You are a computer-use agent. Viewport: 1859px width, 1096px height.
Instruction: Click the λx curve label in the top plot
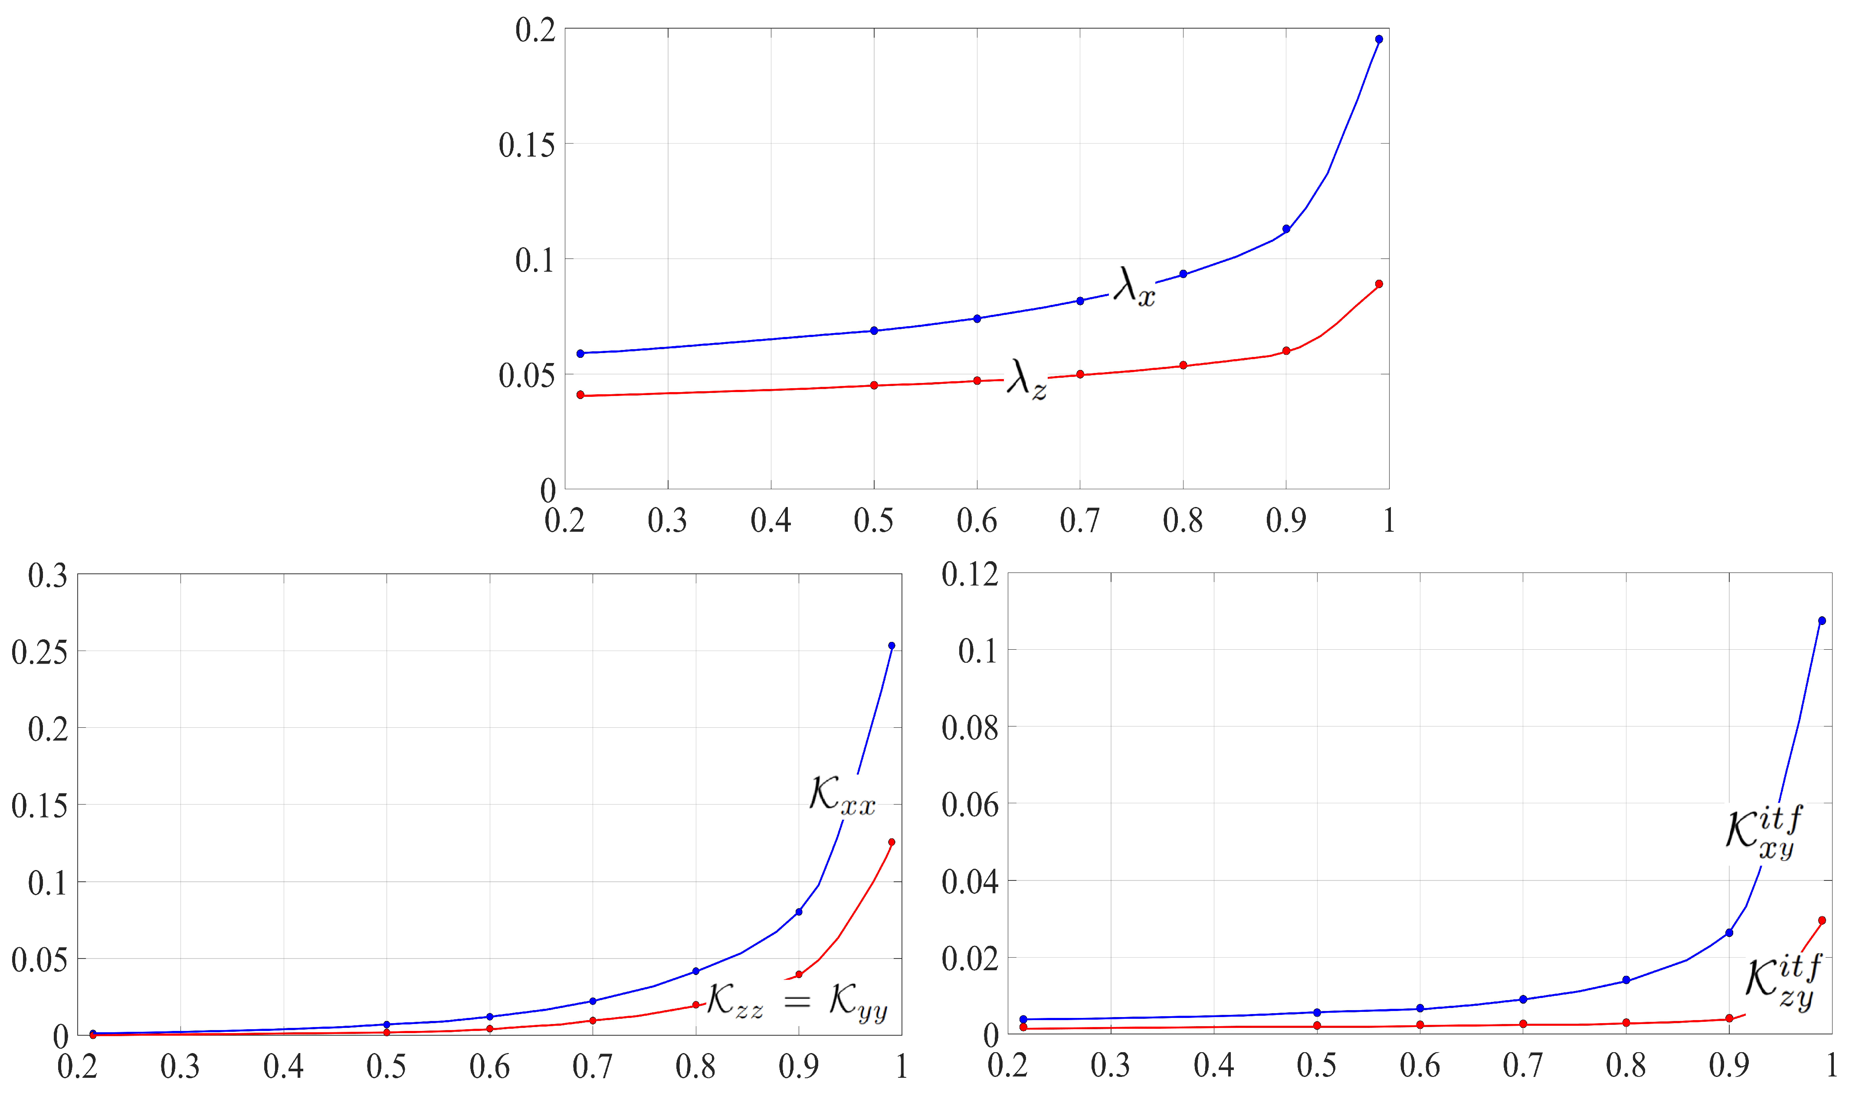[1134, 287]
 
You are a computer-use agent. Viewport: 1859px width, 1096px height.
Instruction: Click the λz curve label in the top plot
[1026, 380]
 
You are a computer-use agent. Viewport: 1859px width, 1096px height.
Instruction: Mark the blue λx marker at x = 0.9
[1286, 229]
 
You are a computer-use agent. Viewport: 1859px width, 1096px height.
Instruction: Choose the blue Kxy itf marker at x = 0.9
[1729, 933]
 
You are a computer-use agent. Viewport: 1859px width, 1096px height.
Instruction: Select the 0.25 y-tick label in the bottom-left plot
[39, 652]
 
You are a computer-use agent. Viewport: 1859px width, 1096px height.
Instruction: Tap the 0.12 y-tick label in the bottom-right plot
[970, 575]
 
